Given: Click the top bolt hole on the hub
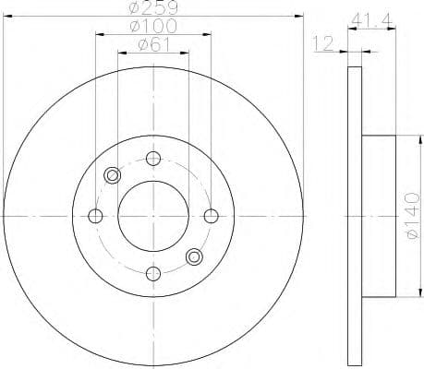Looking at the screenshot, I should (153, 158).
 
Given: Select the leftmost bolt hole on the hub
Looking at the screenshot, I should (95, 216).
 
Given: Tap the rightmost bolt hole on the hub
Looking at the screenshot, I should (211, 216).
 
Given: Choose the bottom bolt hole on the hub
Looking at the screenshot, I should (153, 273).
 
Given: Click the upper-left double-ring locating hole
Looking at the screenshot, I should (113, 175).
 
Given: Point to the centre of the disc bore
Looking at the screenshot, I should (153, 216).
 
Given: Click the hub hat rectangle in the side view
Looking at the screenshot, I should (378, 216).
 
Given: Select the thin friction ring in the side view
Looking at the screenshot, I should (354, 216).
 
